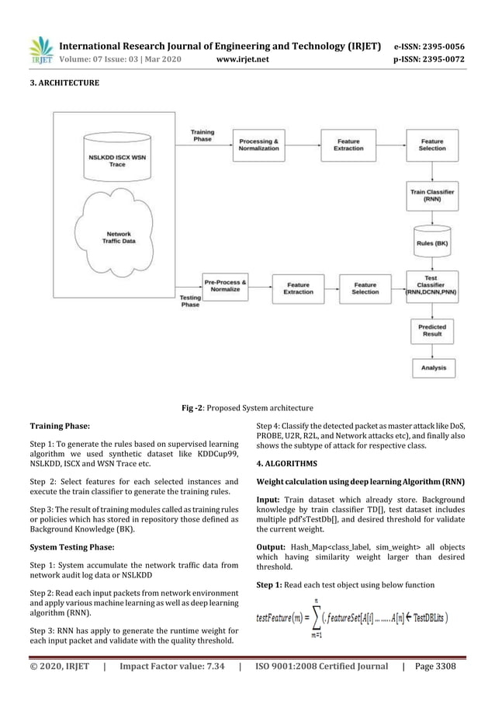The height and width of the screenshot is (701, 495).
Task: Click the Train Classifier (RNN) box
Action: pyautogui.click(x=432, y=194)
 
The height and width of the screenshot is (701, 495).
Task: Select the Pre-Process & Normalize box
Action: pyautogui.click(x=225, y=286)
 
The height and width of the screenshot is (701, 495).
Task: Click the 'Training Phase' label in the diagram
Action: pyautogui.click(x=202, y=136)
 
